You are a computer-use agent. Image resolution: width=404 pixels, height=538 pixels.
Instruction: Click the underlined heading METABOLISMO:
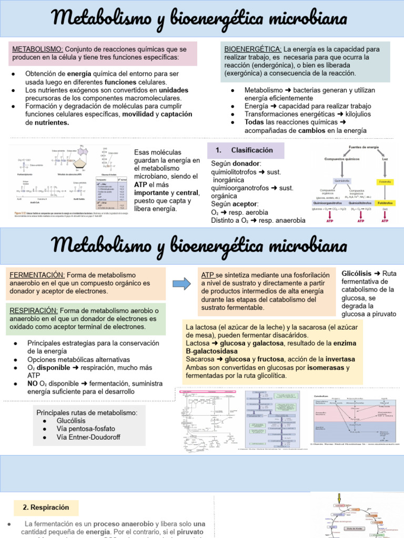[37, 49]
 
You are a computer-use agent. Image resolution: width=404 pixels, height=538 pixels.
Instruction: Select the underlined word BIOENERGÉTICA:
[252, 49]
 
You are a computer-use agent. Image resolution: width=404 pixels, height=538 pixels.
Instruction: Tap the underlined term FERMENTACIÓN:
[36, 275]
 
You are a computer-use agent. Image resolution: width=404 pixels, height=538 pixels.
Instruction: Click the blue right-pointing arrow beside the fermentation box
[182, 284]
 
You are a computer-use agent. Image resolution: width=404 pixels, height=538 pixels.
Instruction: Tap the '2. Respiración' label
[46, 508]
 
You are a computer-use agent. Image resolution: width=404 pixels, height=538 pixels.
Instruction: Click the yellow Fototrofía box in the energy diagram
[386, 181]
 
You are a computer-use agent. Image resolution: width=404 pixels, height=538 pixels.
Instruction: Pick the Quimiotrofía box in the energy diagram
[342, 181]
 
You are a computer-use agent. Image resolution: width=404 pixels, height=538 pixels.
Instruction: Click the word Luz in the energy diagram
[385, 158]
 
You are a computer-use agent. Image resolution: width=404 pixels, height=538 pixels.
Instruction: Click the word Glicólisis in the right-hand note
[357, 274]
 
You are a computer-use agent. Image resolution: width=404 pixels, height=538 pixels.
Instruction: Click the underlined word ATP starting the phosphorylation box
[208, 275]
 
